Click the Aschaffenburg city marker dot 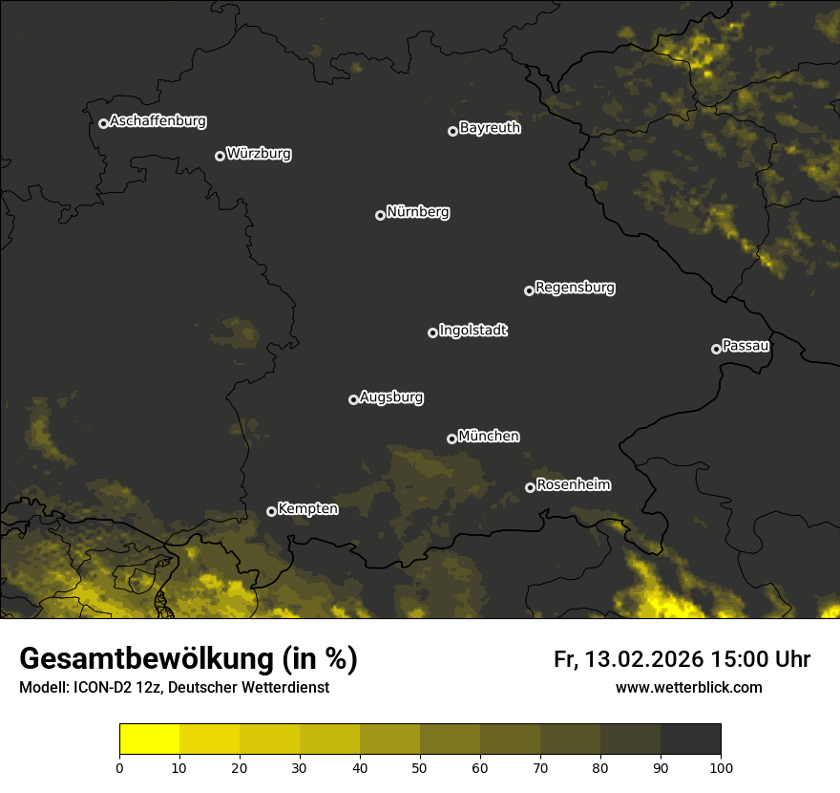pos(103,123)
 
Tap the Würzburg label pos(259,154)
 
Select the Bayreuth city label pos(490,128)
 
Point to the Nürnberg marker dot pos(380,215)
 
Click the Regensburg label pos(575,288)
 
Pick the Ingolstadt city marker pos(432,332)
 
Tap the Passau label pos(745,346)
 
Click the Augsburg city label pos(391,397)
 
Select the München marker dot pos(451,439)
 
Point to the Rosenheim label pos(573,485)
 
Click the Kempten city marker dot pos(271,511)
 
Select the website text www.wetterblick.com pos(688,687)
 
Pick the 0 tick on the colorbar pos(119,766)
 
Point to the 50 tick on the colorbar pos(420,766)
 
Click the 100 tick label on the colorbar pos(721,766)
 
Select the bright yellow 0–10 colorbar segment pos(149,739)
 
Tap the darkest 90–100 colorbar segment pos(690,739)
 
